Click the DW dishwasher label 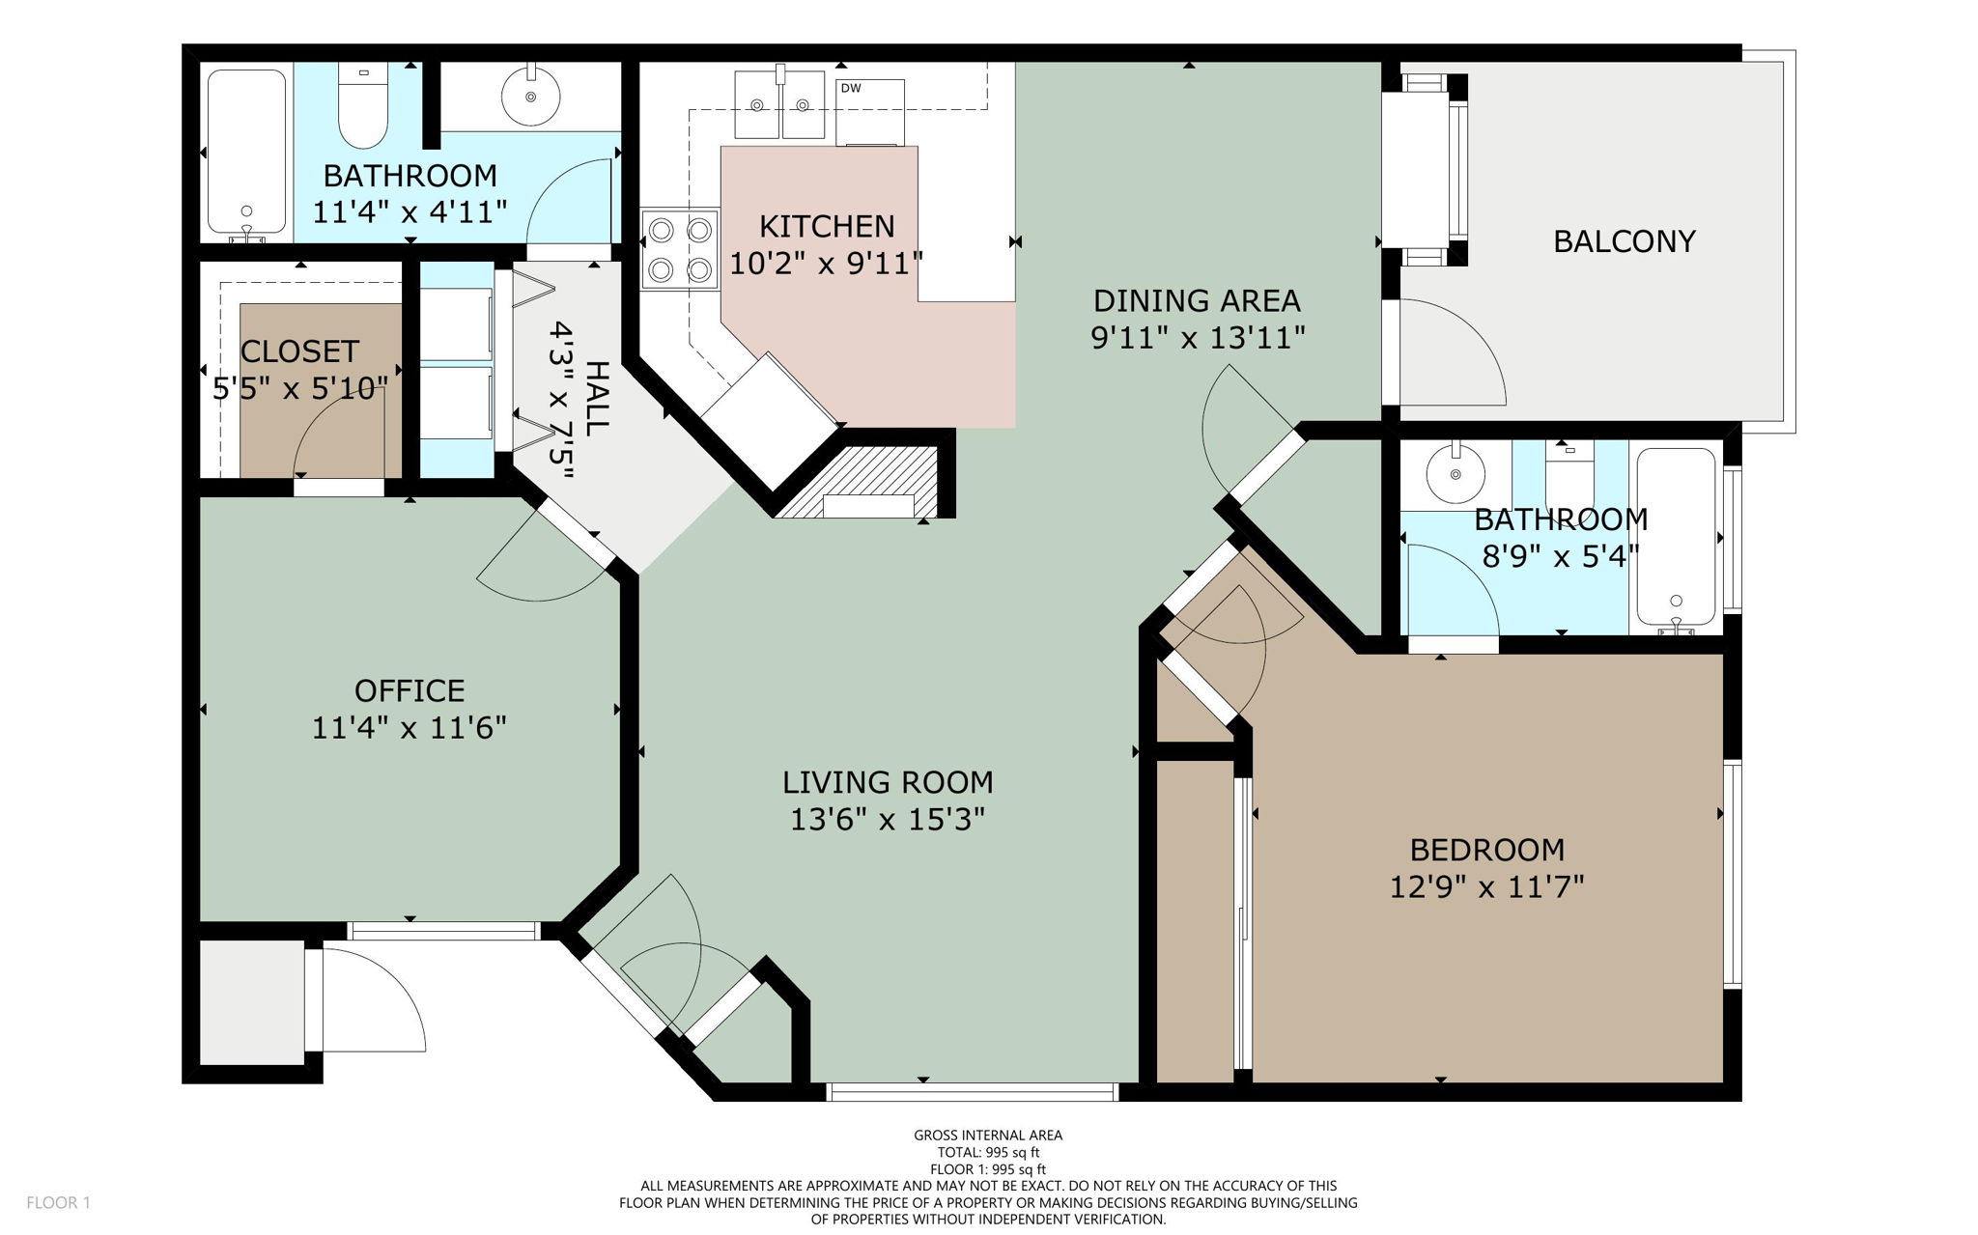(x=850, y=89)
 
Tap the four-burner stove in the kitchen (x=680, y=248)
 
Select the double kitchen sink (x=779, y=103)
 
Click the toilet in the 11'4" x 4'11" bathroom (x=363, y=106)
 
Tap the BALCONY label (x=1624, y=241)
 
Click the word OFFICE (x=410, y=691)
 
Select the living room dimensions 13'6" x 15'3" (x=887, y=820)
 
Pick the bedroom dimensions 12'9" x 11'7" (x=1486, y=886)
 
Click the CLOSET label (x=299, y=351)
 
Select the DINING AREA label (x=1197, y=301)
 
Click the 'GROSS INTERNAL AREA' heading (x=988, y=1136)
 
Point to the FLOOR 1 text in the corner (x=58, y=1203)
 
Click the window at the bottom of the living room (x=972, y=1092)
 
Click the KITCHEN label (x=827, y=227)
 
